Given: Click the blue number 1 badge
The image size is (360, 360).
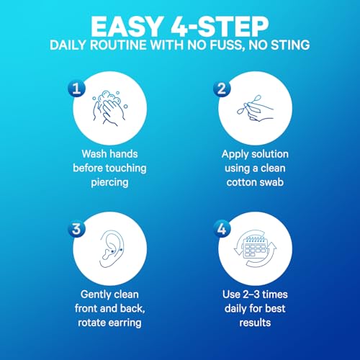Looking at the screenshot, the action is point(76,88).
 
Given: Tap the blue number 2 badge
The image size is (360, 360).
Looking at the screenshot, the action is point(222,88).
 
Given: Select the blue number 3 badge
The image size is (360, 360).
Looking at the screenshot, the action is point(76,228).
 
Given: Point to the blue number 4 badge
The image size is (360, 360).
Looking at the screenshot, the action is point(222,228).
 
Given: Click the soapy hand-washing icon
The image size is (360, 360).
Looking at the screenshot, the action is point(110,108).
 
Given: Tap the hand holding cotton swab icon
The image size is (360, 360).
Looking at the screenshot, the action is point(255,108).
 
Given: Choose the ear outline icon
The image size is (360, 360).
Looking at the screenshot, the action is point(112,249).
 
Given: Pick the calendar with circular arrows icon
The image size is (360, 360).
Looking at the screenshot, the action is point(255,249).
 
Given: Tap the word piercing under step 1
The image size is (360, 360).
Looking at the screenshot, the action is point(109,183).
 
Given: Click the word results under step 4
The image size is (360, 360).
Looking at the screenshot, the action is point(255,323).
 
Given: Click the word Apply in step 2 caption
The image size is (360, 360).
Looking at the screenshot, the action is point(233,154).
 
